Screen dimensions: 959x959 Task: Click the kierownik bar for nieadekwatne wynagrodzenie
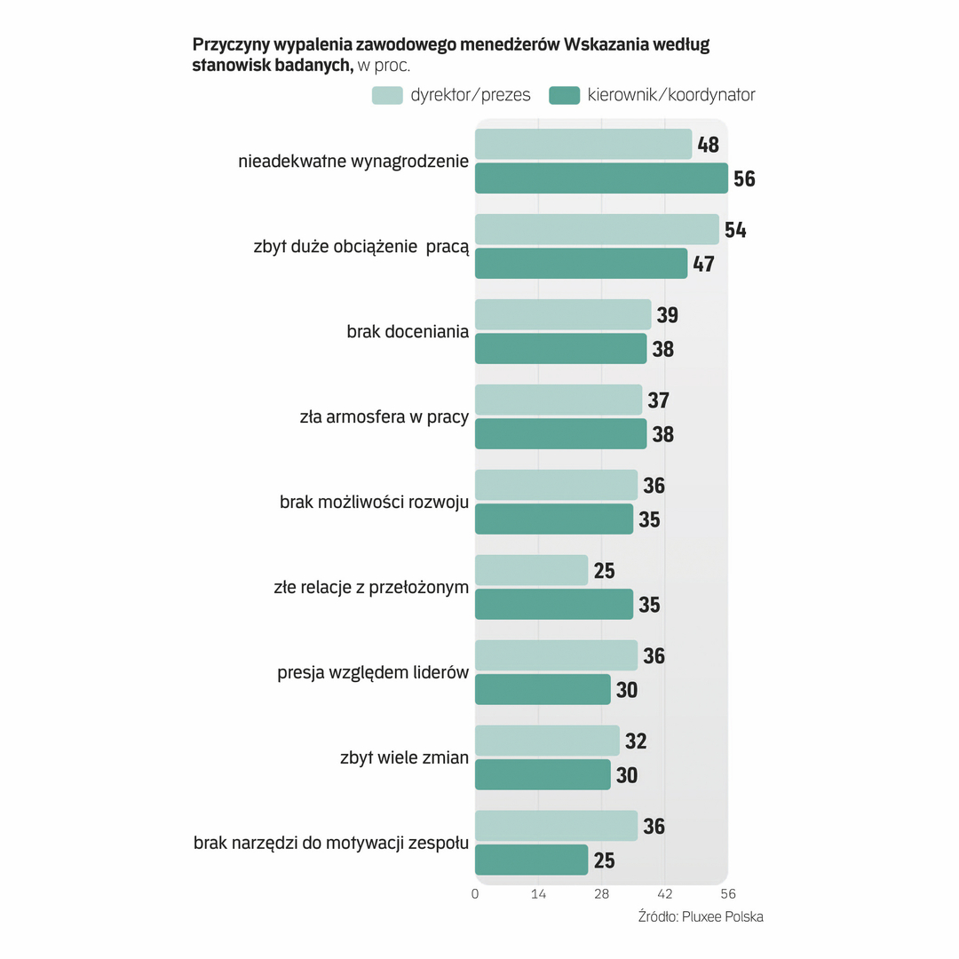[601, 178]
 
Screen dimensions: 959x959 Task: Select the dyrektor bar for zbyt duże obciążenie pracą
[597, 229]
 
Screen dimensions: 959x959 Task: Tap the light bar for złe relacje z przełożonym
[531, 570]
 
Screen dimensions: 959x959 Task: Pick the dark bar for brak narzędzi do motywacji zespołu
[531, 860]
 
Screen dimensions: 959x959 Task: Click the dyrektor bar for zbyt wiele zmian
[547, 741]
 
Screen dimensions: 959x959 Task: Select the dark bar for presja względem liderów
[543, 689]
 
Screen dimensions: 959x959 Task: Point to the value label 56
[744, 178]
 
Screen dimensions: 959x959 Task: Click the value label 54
[735, 230]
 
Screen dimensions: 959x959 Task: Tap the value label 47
[703, 264]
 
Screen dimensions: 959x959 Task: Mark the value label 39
[668, 315]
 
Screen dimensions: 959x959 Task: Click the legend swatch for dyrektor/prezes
[387, 95]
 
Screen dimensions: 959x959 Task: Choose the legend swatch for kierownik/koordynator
[565, 95]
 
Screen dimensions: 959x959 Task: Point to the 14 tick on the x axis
[538, 894]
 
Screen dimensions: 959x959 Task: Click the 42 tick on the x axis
[665, 894]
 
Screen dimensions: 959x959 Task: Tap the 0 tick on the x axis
[475, 894]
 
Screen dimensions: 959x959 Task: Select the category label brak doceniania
[408, 332]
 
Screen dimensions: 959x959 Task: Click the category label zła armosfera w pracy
[384, 417]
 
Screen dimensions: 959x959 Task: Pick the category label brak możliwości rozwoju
[374, 503]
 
